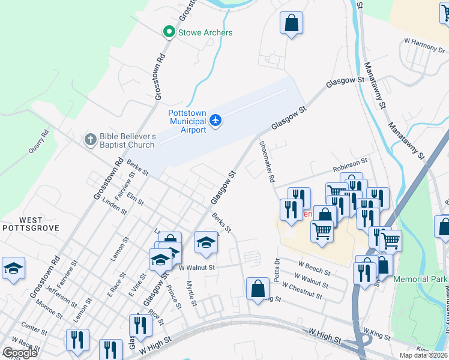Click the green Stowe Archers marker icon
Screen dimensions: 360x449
[170, 32]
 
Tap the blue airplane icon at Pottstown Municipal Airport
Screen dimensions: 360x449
[216, 122]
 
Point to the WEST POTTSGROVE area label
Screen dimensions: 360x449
[22, 224]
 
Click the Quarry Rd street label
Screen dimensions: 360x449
[37, 143]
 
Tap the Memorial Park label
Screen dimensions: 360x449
[420, 280]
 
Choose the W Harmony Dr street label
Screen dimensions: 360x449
[424, 43]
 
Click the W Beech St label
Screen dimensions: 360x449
[315, 268]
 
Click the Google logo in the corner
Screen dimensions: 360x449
[20, 353]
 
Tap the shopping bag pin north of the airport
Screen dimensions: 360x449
[291, 24]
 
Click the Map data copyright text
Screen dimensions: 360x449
[423, 355]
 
